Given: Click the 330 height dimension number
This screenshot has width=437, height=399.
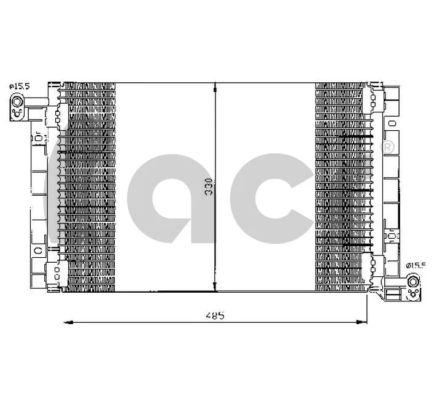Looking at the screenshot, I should point(209,187).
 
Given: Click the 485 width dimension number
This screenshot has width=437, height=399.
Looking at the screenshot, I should point(214,316).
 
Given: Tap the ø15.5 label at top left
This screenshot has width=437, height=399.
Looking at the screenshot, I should point(19,87).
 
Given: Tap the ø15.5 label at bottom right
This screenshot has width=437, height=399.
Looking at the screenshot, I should point(416,265).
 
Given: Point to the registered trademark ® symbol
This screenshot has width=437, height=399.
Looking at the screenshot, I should point(388,148).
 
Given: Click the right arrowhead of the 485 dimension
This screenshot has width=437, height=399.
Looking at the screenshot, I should point(363,321).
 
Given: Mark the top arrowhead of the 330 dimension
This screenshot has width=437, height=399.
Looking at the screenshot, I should point(214,87).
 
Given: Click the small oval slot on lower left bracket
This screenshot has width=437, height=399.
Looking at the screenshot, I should point(38,250).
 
